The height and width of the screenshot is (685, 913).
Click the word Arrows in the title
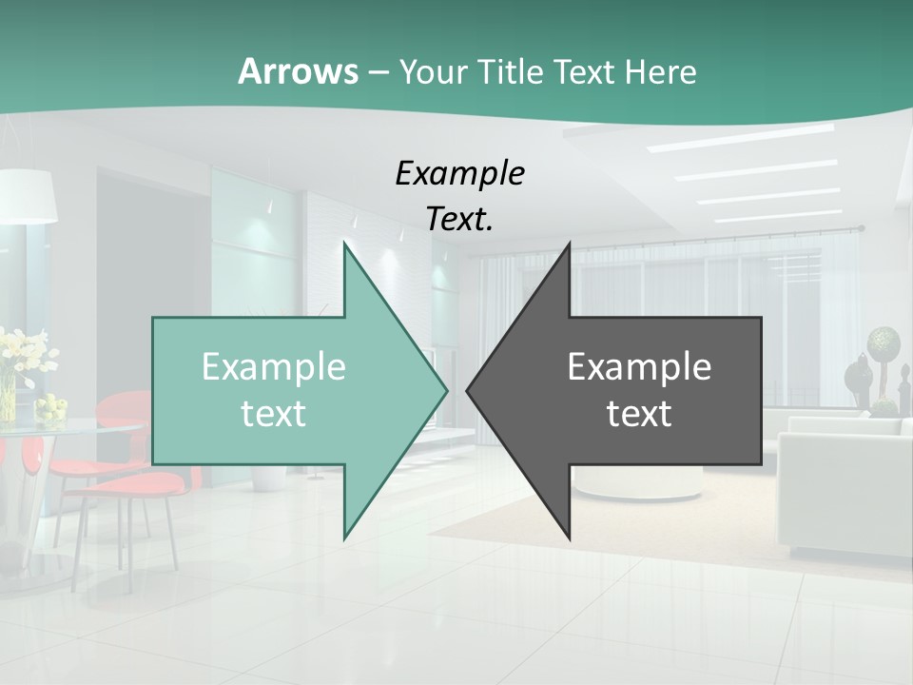(x=298, y=71)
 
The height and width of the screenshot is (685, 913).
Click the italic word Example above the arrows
(x=459, y=174)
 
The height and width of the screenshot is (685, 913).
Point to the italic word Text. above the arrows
(x=459, y=219)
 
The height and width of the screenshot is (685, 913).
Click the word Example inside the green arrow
(x=273, y=366)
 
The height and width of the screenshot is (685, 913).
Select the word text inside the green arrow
(x=273, y=413)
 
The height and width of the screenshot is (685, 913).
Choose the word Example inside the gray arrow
(x=639, y=366)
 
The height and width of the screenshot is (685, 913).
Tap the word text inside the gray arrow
(x=639, y=413)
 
